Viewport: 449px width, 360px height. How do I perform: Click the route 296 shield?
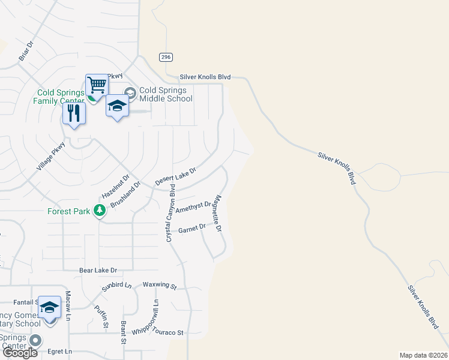click(x=166, y=57)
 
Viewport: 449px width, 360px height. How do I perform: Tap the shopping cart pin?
click(x=96, y=85)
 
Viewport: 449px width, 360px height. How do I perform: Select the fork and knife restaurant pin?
click(x=74, y=113)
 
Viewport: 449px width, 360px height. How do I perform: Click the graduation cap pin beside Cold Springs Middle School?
click(x=117, y=107)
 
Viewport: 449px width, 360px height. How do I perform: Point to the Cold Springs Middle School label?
click(x=166, y=95)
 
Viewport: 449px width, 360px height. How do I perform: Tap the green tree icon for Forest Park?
click(x=100, y=211)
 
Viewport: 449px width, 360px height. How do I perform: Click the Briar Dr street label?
click(x=25, y=52)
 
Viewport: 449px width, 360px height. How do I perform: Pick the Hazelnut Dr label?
click(x=116, y=187)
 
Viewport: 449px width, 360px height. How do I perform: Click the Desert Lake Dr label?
click(x=175, y=176)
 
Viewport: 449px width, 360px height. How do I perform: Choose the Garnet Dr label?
click(x=192, y=229)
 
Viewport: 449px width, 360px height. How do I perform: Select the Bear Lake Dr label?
click(x=98, y=271)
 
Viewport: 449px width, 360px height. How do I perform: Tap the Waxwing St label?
click(x=160, y=286)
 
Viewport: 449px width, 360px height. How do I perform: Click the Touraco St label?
click(x=168, y=332)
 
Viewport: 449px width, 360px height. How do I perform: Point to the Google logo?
click(x=20, y=353)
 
